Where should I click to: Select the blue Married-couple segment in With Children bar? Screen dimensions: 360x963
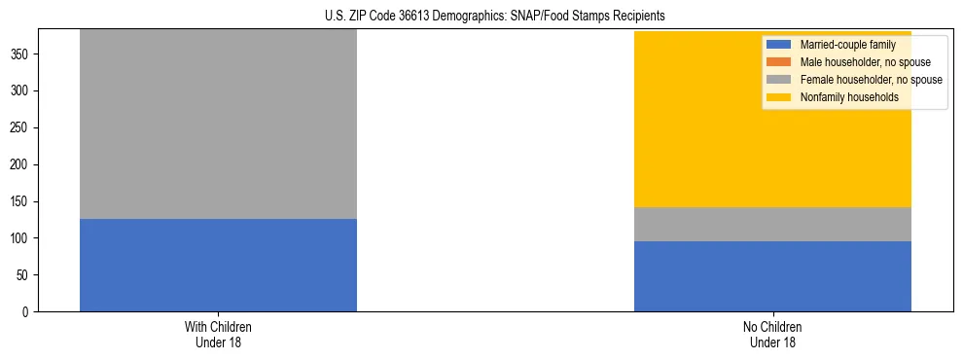tap(218, 265)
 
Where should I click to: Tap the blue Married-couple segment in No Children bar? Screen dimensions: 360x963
tap(772, 276)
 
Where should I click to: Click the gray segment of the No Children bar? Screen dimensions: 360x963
tap(772, 224)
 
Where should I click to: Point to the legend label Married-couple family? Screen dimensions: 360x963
tap(847, 45)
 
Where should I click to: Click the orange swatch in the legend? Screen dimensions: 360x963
tap(779, 62)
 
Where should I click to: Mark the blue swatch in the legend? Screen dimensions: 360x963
tap(779, 45)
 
